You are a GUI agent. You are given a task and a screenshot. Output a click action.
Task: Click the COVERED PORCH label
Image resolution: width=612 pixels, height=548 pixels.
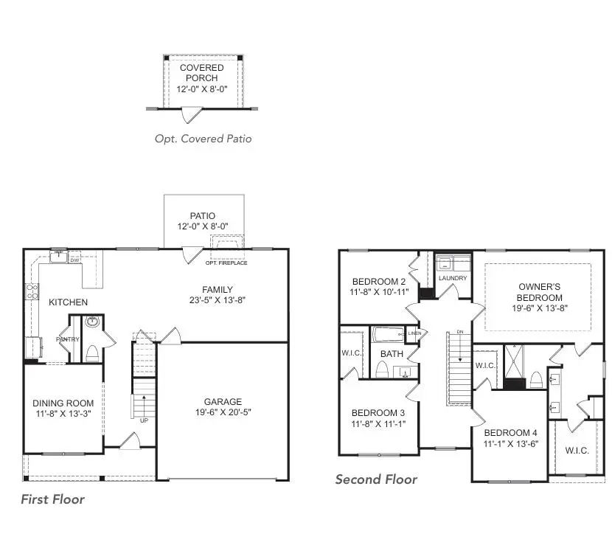tap(202, 72)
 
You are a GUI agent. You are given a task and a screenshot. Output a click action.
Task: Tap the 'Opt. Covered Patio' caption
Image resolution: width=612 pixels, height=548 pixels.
tap(203, 138)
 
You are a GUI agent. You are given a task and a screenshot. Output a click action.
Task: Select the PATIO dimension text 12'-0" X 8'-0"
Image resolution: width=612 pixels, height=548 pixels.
tap(202, 227)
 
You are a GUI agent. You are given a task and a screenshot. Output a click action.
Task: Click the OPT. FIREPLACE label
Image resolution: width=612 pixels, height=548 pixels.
tap(226, 263)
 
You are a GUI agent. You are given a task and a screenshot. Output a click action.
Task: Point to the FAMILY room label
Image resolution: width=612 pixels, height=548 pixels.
tap(218, 289)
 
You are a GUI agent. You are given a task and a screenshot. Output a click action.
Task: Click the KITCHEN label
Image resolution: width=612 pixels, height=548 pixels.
tap(68, 302)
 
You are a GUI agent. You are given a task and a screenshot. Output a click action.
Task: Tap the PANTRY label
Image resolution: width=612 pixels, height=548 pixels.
tap(69, 339)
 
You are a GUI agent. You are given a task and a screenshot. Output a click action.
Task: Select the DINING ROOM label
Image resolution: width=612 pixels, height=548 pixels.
tap(63, 403)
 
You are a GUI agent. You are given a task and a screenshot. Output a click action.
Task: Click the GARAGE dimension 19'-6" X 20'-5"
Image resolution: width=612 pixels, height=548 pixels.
tap(223, 413)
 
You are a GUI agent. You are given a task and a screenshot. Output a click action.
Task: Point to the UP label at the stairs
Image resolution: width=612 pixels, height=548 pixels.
tap(145, 420)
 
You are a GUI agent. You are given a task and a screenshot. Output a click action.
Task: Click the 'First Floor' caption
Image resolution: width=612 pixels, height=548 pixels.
tap(52, 499)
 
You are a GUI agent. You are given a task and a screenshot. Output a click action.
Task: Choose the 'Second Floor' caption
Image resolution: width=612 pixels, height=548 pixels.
tap(376, 479)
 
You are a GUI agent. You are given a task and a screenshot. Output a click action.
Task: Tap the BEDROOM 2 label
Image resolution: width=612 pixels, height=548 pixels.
tap(379, 282)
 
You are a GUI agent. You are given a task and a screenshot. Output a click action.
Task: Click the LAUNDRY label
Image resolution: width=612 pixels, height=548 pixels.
tap(453, 278)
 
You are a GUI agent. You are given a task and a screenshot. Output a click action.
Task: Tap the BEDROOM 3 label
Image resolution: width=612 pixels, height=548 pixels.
tap(378, 412)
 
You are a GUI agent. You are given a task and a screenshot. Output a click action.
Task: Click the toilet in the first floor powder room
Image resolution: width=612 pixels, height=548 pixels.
tap(92, 353)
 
